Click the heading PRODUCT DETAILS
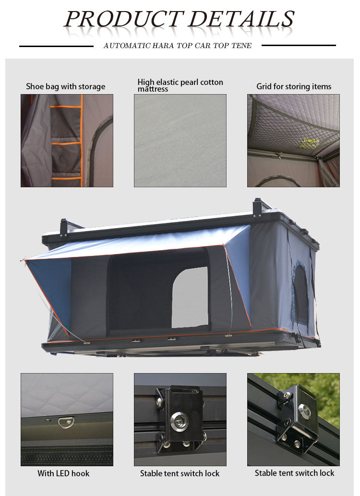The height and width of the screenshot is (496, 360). click(x=179, y=19)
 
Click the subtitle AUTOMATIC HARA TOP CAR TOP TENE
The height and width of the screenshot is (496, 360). click(x=177, y=46)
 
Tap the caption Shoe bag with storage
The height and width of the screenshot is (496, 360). click(x=65, y=86)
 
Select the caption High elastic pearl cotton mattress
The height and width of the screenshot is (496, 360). click(x=180, y=85)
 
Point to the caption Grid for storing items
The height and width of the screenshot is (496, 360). click(x=294, y=86)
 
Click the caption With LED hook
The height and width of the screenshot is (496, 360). click(x=63, y=473)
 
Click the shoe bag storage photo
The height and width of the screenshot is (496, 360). click(x=67, y=140)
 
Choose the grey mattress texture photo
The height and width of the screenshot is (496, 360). click(x=180, y=140)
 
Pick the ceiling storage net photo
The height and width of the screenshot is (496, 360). click(x=293, y=140)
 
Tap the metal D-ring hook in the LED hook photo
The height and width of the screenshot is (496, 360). click(x=65, y=422)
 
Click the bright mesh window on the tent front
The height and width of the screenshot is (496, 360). click(x=190, y=297)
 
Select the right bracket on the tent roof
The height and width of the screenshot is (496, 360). click(x=258, y=208)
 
